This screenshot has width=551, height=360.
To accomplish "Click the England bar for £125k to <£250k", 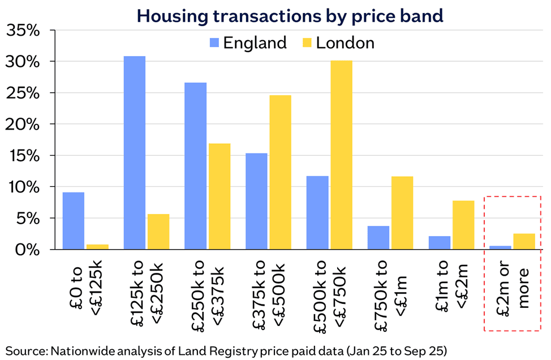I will click(x=134, y=153).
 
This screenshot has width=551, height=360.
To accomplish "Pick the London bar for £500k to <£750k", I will click(x=341, y=155).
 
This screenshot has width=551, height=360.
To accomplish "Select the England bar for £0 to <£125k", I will click(x=73, y=221).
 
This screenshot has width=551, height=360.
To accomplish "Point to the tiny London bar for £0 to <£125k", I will click(x=97, y=247).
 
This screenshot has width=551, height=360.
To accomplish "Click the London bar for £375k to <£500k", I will click(x=280, y=172).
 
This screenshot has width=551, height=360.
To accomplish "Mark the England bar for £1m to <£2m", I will click(x=440, y=243).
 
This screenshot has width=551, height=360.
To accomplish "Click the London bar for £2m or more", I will click(x=524, y=242).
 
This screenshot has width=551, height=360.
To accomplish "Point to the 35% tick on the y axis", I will click(x=23, y=31).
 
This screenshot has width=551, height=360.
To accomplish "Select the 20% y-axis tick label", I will click(x=23, y=124).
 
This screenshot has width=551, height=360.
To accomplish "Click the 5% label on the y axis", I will click(x=28, y=218).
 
